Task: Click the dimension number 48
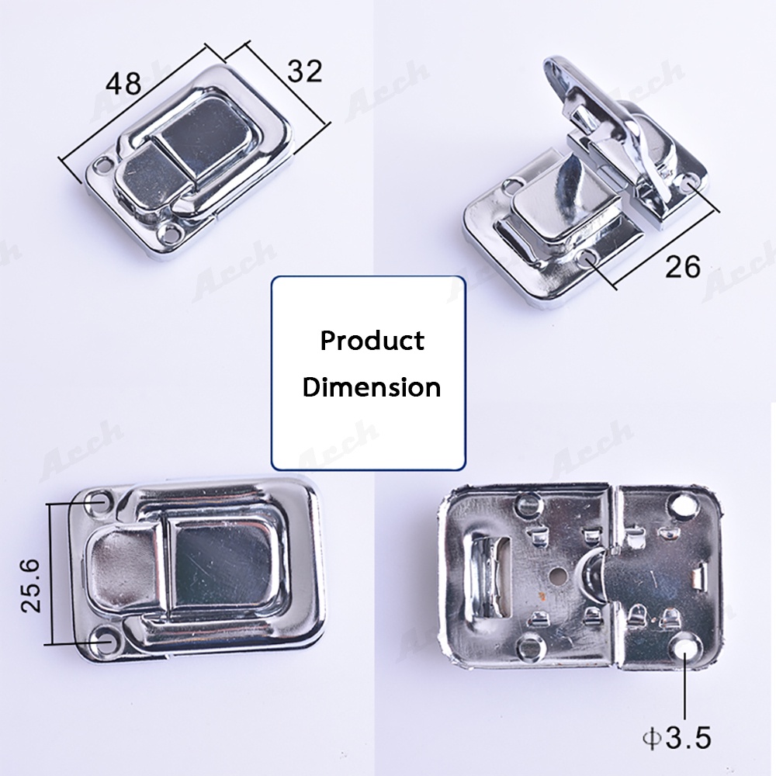coord(123,83)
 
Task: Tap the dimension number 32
coord(305,71)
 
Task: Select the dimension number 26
coord(683,267)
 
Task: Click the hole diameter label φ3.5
coord(677,738)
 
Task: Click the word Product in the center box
coord(372,341)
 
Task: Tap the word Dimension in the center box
coord(372,386)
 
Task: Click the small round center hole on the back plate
coord(558,575)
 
